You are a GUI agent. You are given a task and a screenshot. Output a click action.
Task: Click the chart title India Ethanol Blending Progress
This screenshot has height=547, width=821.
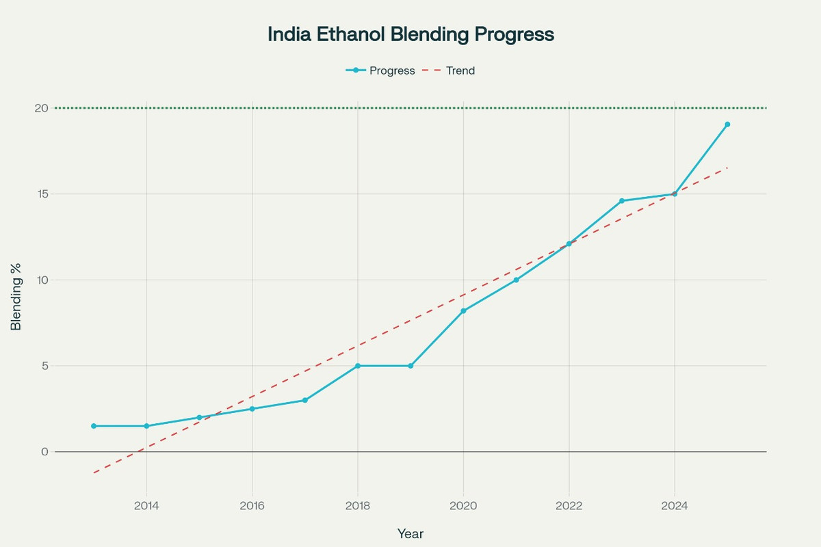coord(410,34)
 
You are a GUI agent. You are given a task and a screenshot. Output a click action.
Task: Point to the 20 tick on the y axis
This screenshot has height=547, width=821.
coord(41,108)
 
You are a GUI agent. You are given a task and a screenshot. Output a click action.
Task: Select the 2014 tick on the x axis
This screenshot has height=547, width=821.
coord(146,506)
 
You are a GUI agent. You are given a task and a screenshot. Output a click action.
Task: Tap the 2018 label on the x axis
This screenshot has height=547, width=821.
coord(358,506)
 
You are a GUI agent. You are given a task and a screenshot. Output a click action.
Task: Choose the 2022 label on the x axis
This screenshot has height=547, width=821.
coord(569,506)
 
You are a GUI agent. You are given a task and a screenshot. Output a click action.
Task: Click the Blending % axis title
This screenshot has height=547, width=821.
coord(16,300)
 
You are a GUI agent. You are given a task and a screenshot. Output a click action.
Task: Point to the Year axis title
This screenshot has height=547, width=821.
coord(410,533)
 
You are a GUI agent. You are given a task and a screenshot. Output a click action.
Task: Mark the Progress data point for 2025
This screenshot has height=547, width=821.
coord(727,124)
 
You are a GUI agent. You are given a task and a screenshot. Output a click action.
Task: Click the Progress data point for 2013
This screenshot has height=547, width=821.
coord(94,426)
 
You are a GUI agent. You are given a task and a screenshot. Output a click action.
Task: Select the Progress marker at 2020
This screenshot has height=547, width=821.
coord(463,311)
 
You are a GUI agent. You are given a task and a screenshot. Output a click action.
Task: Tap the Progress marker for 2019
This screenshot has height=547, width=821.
coord(410,366)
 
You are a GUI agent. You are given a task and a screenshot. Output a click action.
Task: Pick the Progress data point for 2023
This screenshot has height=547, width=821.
coord(622,201)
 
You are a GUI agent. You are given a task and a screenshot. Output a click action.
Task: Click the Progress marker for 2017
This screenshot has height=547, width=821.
coord(305,400)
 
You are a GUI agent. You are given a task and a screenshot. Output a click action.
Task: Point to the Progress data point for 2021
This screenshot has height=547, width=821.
coord(516,280)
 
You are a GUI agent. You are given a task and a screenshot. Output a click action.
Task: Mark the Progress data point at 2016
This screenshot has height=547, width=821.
coord(252,409)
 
